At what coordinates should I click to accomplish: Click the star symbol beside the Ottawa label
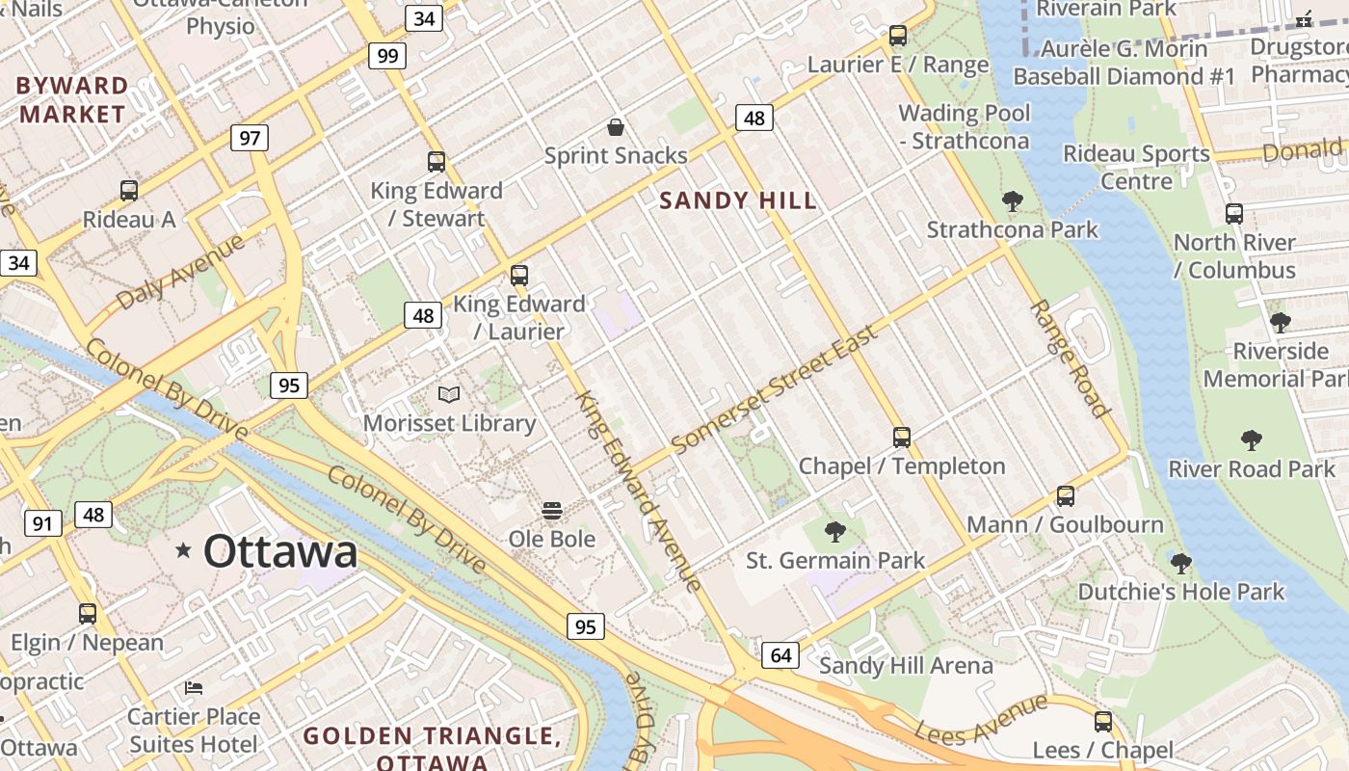click(x=183, y=550)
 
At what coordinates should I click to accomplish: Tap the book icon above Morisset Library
click(x=449, y=394)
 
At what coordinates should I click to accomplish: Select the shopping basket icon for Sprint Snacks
click(x=615, y=127)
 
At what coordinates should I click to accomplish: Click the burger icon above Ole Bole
click(x=552, y=510)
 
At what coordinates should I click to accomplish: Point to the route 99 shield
click(x=387, y=55)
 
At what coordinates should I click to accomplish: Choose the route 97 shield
click(x=250, y=138)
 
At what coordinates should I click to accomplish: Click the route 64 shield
click(x=780, y=656)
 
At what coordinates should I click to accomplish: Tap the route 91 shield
click(x=41, y=523)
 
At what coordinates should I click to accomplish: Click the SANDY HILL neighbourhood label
click(x=738, y=200)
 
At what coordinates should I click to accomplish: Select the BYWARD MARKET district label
click(x=72, y=99)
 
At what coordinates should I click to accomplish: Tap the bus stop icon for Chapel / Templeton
click(x=902, y=438)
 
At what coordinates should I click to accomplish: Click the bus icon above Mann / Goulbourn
click(x=1066, y=496)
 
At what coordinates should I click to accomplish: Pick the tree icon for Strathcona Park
click(x=1012, y=201)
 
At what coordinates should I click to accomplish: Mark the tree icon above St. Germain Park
click(x=835, y=531)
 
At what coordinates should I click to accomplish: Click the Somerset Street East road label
click(x=775, y=389)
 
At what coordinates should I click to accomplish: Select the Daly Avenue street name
click(x=180, y=273)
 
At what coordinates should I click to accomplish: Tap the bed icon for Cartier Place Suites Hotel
click(x=194, y=688)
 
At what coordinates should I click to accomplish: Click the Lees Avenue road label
click(x=980, y=720)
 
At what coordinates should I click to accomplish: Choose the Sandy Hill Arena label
click(x=906, y=665)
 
